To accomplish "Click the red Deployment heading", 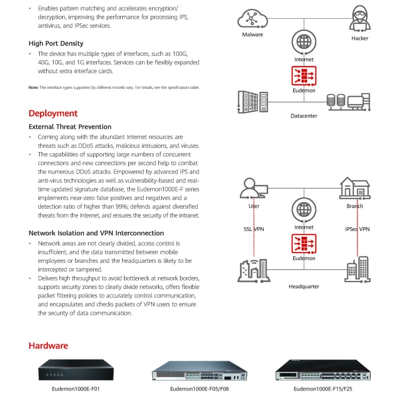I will tap(53, 113).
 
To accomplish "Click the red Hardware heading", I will tap(48, 346).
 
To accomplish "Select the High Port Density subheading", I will tap(56, 44).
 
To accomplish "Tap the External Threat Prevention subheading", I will tap(70, 127).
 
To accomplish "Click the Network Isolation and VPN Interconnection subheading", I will tap(96, 233).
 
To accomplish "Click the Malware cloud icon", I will tap(252, 19).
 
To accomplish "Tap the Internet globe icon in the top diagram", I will tap(304, 41).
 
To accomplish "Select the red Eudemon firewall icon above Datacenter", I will tap(304, 76).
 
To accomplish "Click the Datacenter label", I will tap(304, 115).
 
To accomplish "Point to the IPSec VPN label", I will tap(357, 229).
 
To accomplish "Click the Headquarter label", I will tap(304, 286).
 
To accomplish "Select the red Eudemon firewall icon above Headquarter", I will tap(304, 244).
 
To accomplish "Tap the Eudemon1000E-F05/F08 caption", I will tap(198, 389).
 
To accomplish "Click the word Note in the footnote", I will tap(33, 87).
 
